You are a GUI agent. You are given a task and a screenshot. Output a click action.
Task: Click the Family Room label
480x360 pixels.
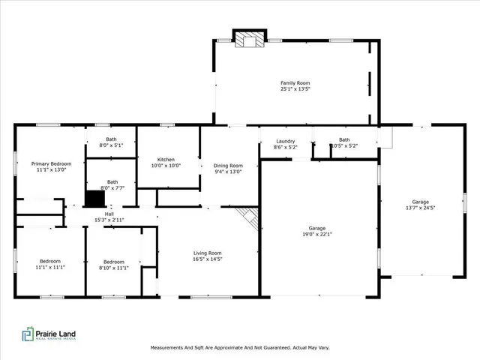click(x=295, y=83)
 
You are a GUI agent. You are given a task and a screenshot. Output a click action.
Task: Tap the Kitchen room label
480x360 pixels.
click(x=166, y=160)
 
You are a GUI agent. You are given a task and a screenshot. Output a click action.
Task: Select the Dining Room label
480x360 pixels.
click(x=229, y=166)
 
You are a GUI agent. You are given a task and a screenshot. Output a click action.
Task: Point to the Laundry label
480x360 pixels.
click(x=285, y=141)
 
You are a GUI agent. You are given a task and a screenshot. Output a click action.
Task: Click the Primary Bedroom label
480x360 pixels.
click(x=51, y=163)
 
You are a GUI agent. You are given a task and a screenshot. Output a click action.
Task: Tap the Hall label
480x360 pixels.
click(x=109, y=214)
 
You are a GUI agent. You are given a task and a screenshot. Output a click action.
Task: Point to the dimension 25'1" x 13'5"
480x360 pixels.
click(x=295, y=89)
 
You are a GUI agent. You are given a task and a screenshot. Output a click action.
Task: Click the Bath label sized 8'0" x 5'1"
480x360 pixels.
click(x=111, y=139)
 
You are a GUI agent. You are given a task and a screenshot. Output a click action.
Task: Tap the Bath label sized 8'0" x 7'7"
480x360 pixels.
click(x=112, y=181)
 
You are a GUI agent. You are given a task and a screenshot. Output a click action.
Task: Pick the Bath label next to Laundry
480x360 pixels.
click(x=344, y=139)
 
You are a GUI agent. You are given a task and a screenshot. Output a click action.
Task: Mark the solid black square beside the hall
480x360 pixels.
click(x=94, y=199)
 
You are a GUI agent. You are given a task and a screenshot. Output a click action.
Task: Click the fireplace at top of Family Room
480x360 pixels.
click(x=249, y=39)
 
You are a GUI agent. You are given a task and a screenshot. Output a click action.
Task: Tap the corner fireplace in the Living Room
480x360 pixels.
click(x=249, y=219)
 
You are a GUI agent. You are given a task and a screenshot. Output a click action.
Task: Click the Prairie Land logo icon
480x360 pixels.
click(x=28, y=334)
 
